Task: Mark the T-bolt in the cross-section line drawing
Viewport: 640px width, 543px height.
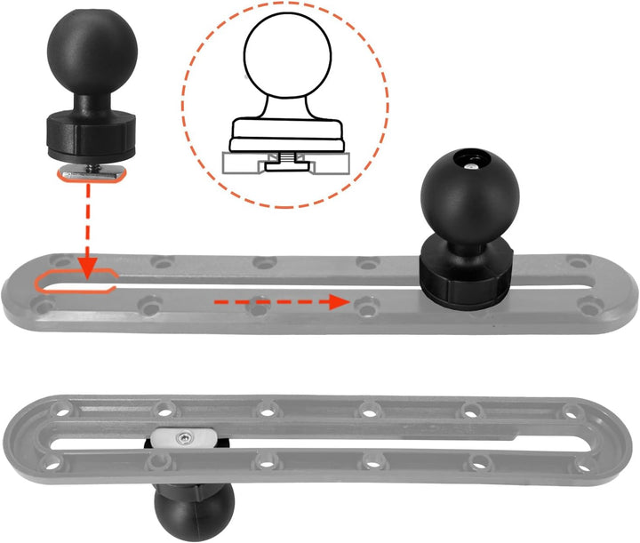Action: pos(285,161)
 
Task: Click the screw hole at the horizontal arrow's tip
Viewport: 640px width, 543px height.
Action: pos(364,305)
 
